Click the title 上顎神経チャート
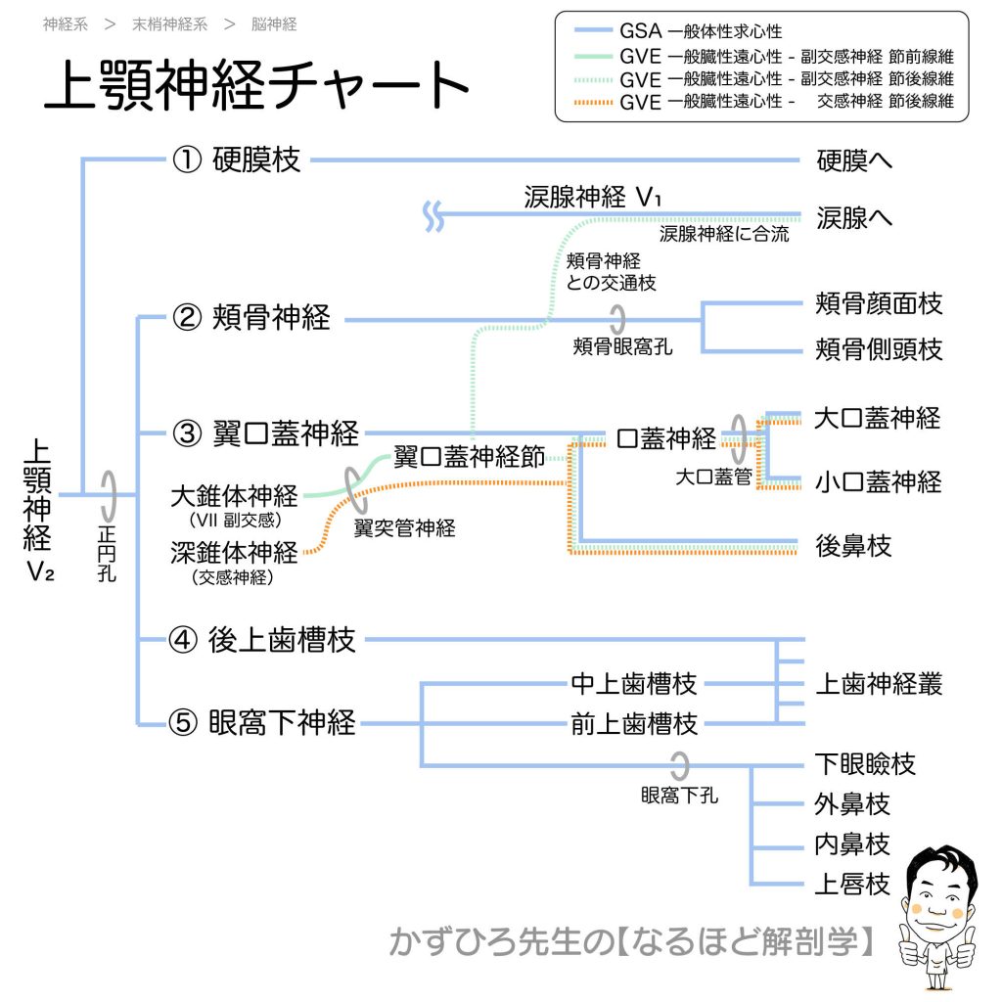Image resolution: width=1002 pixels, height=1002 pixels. click(x=257, y=87)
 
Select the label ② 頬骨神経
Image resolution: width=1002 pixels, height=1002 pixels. click(x=251, y=318)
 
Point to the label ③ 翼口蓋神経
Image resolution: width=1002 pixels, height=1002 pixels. click(x=265, y=433)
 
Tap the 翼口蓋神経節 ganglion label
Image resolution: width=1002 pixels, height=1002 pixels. click(x=469, y=458)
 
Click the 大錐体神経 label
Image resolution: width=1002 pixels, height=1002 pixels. click(x=234, y=494)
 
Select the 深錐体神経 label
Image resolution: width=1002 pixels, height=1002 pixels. click(x=234, y=554)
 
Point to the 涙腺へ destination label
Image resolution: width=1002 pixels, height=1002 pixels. click(x=854, y=217)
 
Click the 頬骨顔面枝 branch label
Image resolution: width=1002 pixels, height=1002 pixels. click(x=879, y=303)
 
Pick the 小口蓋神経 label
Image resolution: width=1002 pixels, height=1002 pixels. click(x=878, y=481)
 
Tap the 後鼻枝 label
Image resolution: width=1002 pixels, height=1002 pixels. click(x=853, y=546)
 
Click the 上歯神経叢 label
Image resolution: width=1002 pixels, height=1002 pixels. click(x=879, y=683)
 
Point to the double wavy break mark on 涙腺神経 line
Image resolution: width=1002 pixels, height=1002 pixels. click(x=433, y=216)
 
